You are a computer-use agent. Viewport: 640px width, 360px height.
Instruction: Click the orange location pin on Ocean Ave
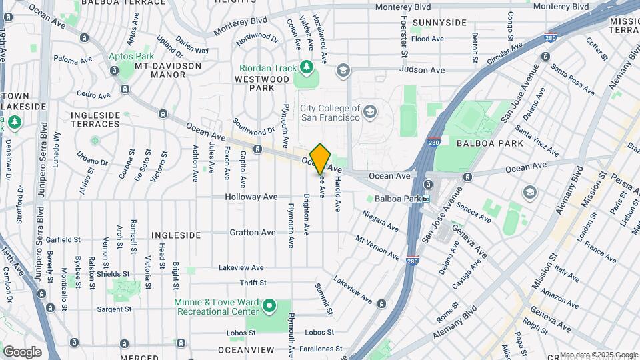pyautogui.click(x=320, y=158)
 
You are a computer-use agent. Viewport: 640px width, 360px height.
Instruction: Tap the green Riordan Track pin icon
pyautogui.click(x=306, y=66)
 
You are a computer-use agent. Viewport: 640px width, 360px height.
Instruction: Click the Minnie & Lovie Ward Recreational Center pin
pyautogui.click(x=269, y=307)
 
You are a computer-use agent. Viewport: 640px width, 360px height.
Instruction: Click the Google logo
pyautogui.click(x=22, y=351)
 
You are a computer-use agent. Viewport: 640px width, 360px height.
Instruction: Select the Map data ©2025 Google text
pyautogui.click(x=598, y=355)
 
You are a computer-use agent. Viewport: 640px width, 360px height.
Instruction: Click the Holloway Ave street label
pyautogui.click(x=251, y=197)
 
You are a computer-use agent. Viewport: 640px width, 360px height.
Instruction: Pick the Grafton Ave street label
pyautogui.click(x=252, y=233)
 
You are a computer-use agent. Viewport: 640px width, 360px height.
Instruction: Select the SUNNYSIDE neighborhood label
pyautogui.click(x=439, y=23)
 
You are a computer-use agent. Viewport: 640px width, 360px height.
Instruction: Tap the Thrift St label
pyautogui.click(x=253, y=283)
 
